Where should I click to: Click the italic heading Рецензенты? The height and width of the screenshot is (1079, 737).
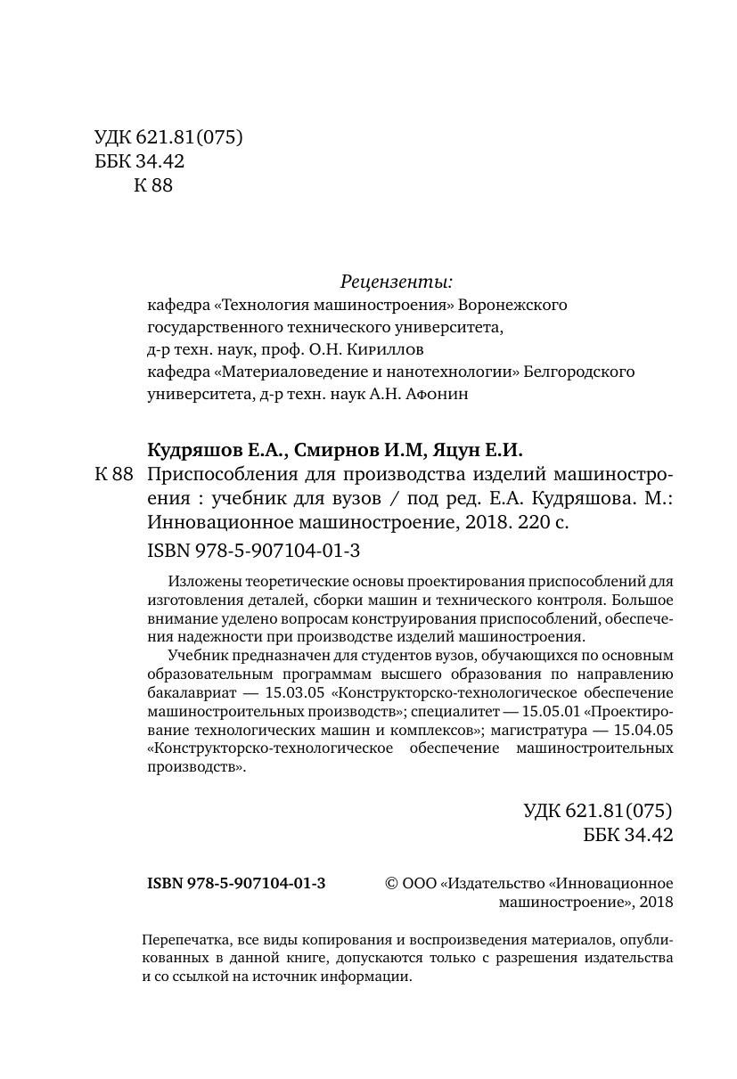(397, 282)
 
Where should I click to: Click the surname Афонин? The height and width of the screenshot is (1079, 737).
(437, 394)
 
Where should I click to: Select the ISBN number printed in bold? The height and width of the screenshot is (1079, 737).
(236, 883)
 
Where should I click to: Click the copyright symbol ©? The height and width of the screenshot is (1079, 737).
(390, 883)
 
